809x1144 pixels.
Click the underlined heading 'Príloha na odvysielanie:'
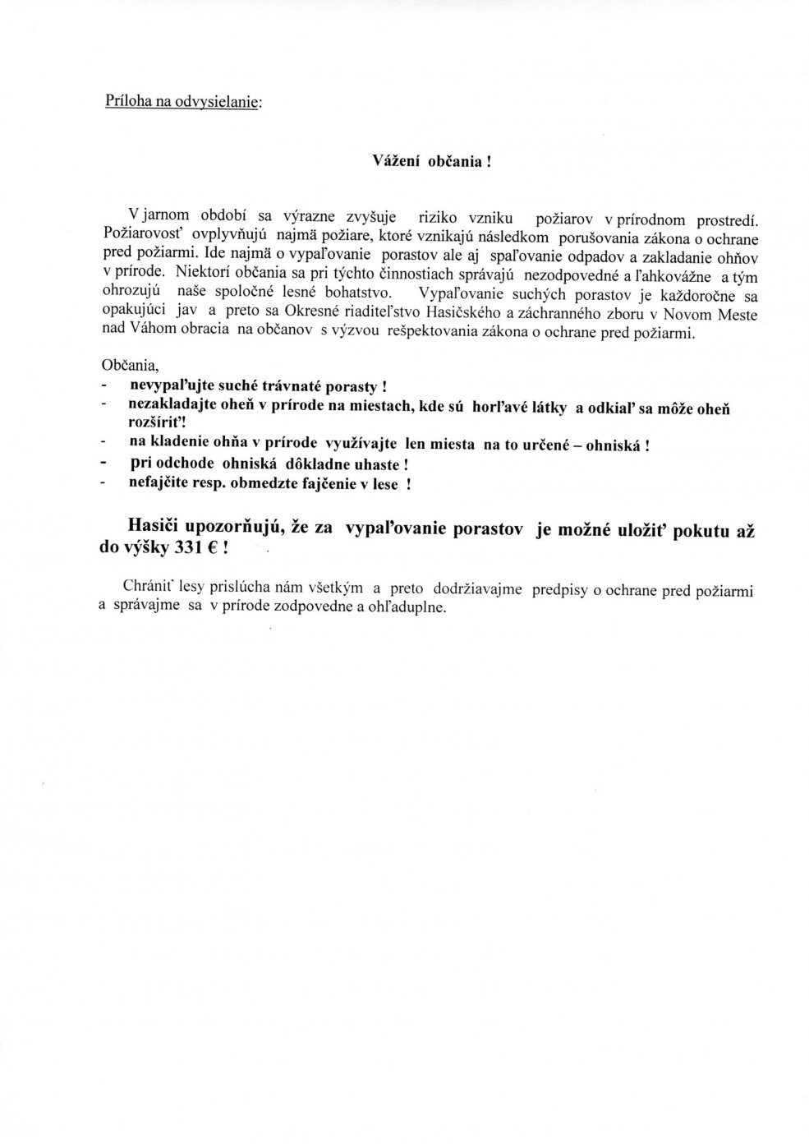coord(182,102)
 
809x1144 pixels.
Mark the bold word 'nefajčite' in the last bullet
coord(157,484)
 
